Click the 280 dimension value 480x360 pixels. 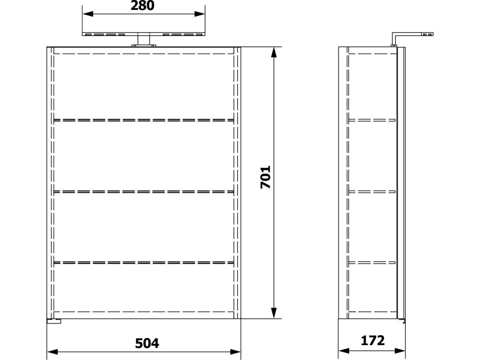142,6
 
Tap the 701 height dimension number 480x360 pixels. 265,177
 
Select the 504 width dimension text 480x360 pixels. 147,344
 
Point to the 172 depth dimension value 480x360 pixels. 373,340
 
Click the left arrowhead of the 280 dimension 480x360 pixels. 88,14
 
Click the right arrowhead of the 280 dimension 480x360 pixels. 200,14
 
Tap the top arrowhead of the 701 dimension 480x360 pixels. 274,52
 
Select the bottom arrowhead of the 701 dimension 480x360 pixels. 274,313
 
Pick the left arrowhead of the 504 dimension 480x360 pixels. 52,352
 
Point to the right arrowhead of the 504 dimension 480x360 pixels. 235,352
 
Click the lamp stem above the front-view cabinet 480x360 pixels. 143,39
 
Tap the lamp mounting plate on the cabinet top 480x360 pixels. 143,46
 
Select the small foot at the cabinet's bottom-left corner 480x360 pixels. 54,321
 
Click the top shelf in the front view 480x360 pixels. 143,120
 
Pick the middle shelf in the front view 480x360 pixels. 143,192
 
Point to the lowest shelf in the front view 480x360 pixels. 143,262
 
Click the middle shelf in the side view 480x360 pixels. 372,192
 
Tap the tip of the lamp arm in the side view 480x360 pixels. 433,34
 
